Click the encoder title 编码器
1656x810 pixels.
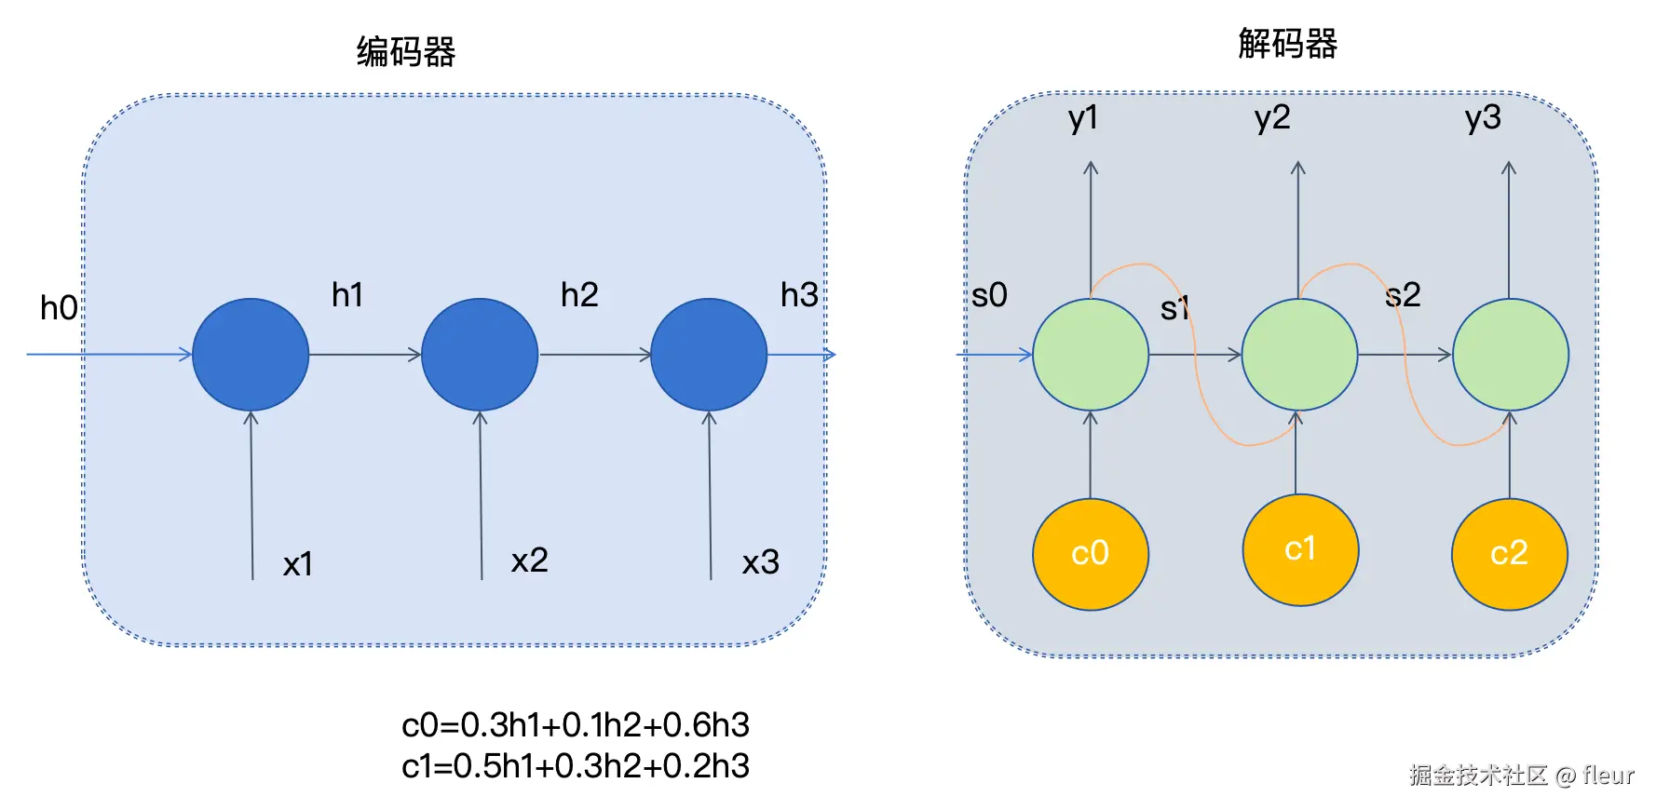click(x=406, y=51)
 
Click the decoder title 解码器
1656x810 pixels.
click(x=1287, y=44)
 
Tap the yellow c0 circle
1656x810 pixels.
click(x=1090, y=554)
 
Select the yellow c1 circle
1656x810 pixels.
click(x=1300, y=549)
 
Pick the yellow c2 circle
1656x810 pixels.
click(x=1509, y=554)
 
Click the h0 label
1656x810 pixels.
click(x=59, y=308)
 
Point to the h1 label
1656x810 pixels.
click(x=347, y=295)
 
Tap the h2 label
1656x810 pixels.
click(x=578, y=295)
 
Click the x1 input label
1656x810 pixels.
click(x=298, y=564)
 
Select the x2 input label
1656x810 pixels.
click(x=529, y=560)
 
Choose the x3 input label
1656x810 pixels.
click(x=760, y=562)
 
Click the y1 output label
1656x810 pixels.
click(x=1083, y=118)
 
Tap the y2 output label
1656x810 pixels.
click(x=1272, y=118)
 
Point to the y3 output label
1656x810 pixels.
click(x=1483, y=118)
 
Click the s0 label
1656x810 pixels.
click(x=989, y=296)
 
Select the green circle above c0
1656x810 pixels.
click(x=1090, y=355)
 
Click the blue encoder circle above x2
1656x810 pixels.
click(x=480, y=355)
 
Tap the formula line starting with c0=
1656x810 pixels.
click(x=576, y=725)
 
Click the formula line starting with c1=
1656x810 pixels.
click(x=576, y=766)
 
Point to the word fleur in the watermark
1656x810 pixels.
click(x=1608, y=775)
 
